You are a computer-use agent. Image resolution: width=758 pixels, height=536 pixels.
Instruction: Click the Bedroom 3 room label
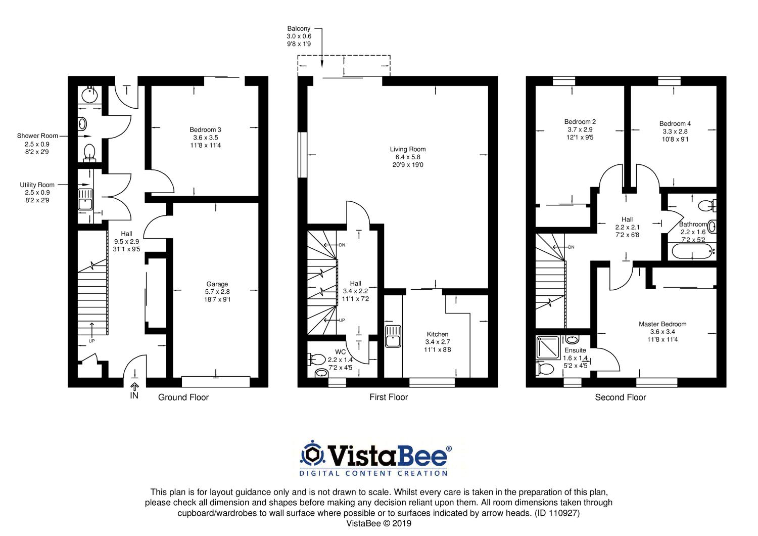[x=205, y=129]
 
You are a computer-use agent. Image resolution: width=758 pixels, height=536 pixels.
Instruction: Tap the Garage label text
[x=217, y=284]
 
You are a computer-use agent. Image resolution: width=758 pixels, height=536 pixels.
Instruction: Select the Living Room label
[x=407, y=149]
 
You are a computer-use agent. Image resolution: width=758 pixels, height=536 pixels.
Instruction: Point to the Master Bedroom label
[x=662, y=324]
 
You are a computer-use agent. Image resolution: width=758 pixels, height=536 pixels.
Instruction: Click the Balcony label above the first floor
[x=299, y=29]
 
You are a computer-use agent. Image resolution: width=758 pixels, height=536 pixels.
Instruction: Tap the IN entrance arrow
[x=134, y=386]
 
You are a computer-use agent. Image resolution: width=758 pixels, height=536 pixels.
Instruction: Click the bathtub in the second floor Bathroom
[x=692, y=251]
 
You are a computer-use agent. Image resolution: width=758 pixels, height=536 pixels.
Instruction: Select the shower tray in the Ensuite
[x=548, y=347]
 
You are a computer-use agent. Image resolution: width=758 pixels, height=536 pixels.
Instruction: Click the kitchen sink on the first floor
[x=393, y=336]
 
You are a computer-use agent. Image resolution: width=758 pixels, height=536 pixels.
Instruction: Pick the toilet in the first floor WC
[x=317, y=359]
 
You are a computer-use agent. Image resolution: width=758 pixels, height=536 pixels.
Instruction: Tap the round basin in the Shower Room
[x=89, y=95]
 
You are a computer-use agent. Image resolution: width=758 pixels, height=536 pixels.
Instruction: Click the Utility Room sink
[x=85, y=199]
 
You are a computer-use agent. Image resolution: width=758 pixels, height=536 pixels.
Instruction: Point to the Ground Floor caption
[x=183, y=397]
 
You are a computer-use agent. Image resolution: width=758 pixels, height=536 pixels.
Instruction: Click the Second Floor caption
[x=620, y=397]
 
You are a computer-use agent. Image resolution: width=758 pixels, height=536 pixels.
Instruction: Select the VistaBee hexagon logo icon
[x=312, y=454]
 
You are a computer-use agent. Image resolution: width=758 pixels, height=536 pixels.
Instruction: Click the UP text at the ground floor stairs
[x=91, y=341]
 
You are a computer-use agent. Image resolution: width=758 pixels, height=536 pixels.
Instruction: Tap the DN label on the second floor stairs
[x=571, y=247]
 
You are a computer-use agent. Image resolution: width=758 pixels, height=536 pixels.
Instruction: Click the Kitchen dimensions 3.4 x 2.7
[x=438, y=342]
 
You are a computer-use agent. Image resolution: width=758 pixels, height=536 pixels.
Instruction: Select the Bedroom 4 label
[x=675, y=123]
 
